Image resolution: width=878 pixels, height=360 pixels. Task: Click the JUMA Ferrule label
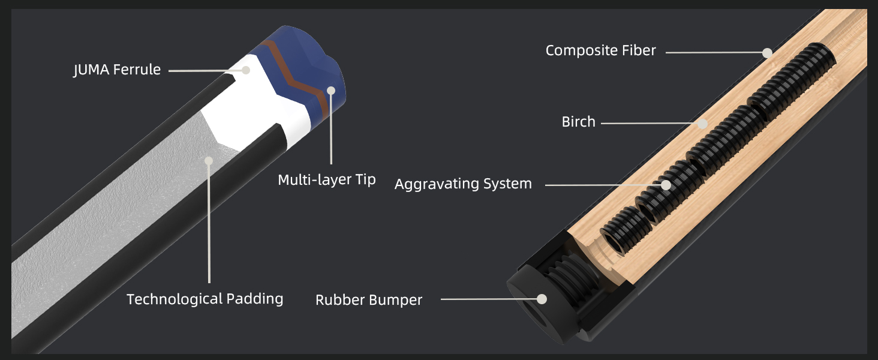117,70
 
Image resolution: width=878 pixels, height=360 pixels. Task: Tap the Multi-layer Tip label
327,179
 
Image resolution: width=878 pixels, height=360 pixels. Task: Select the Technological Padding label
205,299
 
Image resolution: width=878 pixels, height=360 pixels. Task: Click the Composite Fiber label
600,50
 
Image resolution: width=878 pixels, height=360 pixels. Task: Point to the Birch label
578,122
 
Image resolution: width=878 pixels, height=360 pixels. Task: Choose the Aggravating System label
463,184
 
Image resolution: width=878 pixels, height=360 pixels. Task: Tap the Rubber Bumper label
369,300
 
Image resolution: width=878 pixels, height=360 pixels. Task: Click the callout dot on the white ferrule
245,70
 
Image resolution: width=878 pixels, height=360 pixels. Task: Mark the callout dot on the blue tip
330,91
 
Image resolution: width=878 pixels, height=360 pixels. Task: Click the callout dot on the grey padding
209,160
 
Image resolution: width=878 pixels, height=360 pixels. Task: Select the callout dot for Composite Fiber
767,53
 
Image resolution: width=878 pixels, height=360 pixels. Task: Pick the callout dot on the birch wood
703,124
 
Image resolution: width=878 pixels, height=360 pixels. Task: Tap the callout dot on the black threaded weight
666,185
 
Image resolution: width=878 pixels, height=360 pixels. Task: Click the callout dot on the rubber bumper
542,298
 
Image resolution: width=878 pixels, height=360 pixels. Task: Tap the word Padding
254,299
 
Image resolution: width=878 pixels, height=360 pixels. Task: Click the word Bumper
396,300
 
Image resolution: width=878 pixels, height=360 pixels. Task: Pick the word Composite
579,50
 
